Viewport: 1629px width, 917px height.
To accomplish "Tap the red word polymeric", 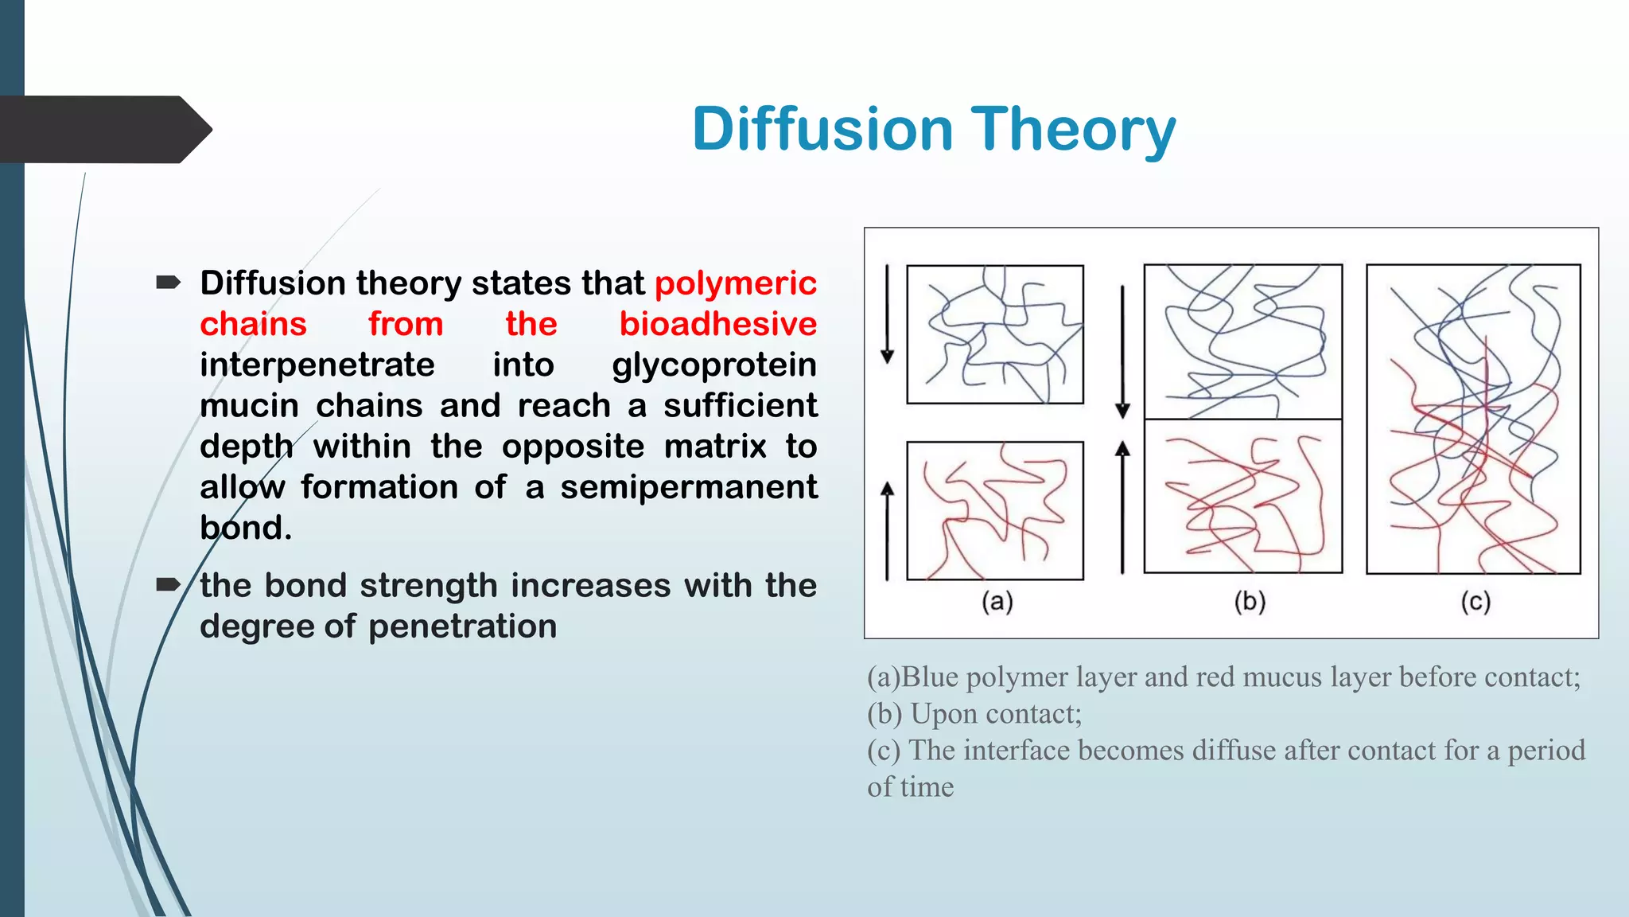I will click(735, 283).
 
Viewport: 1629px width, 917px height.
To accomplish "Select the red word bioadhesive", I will click(717, 324).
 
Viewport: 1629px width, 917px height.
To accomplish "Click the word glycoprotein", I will click(713, 365).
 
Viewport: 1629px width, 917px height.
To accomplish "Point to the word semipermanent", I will click(688, 486).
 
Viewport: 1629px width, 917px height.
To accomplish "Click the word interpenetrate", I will click(317, 365).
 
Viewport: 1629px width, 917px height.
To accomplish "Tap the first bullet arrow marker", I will click(169, 283).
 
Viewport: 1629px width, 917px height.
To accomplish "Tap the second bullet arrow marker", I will click(169, 585).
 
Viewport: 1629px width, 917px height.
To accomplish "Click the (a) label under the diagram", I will click(997, 602).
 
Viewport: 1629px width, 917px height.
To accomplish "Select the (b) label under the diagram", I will click(1250, 602).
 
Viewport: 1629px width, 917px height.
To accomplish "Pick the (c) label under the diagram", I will click(1475, 602).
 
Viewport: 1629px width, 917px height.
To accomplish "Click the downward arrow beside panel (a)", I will click(888, 314).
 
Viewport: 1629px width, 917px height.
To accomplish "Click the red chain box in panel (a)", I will click(995, 510).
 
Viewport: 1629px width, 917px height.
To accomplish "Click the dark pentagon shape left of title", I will click(103, 130).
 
